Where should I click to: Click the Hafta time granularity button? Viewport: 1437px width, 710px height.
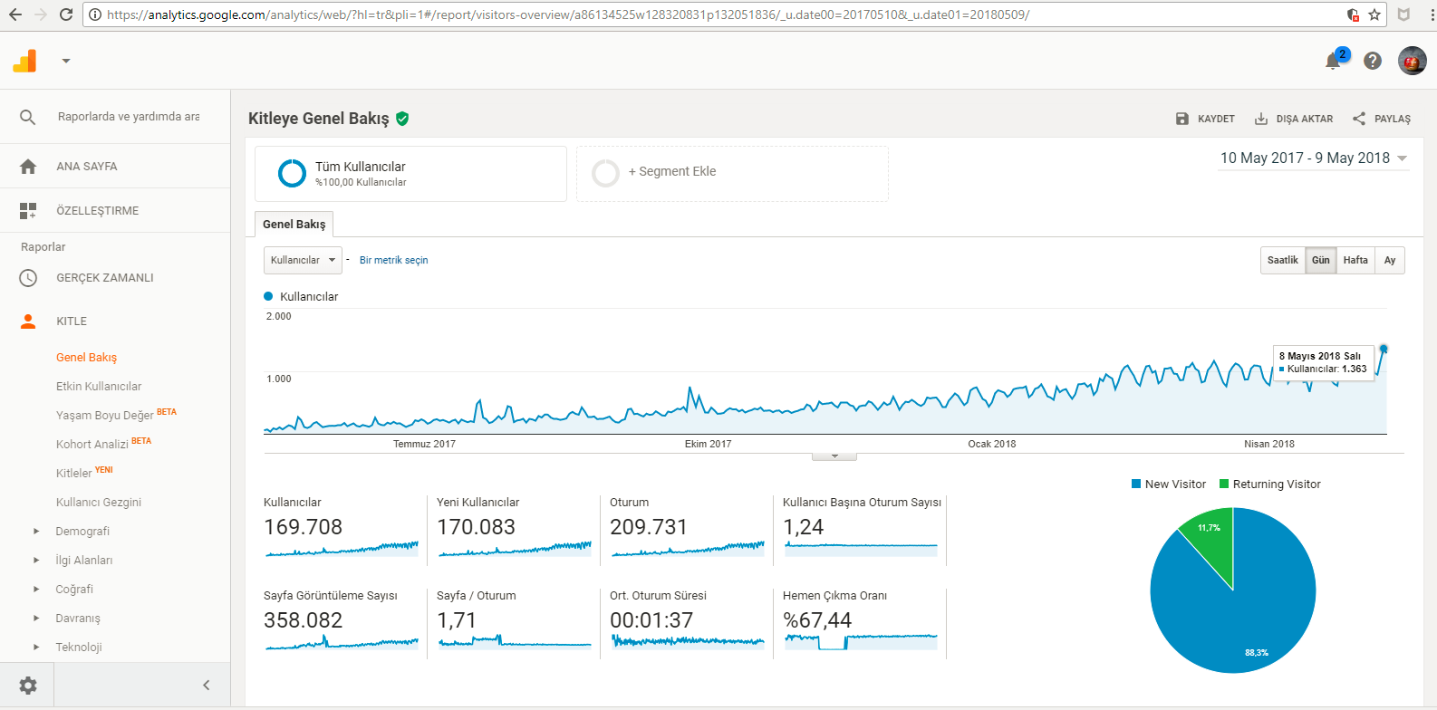1355,261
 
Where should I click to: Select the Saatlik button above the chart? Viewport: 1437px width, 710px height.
1282,261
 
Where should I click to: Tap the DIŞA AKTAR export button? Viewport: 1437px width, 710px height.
1293,119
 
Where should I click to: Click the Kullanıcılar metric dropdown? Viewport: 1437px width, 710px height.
303,261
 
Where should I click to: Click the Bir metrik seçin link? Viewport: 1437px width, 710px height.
393,261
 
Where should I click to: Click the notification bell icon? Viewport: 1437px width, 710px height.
1333,62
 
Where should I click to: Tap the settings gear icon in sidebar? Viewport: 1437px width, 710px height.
27,686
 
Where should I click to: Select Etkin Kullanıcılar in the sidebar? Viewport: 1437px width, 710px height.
99,386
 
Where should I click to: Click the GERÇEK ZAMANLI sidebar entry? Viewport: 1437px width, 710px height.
104,278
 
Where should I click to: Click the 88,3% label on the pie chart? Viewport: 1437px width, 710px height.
1256,653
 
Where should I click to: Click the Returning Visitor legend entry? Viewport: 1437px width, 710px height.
1269,485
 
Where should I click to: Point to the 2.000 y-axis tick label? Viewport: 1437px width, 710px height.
278,316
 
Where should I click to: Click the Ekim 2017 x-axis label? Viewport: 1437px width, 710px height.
708,444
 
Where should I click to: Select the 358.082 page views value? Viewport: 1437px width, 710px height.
303,620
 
